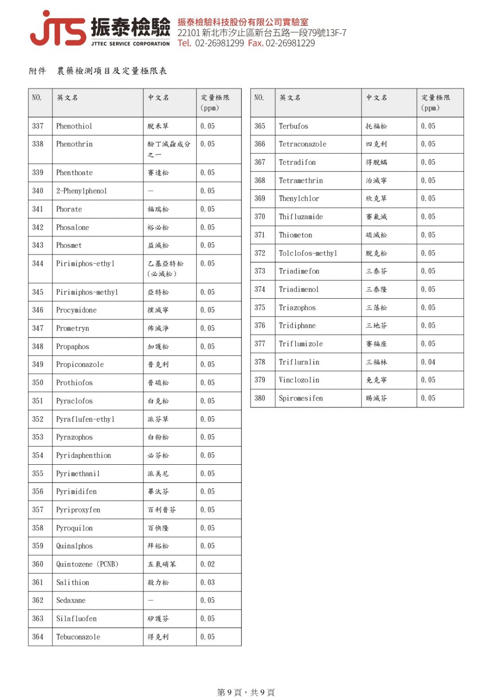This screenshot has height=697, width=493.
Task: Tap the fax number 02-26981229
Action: [x=290, y=43]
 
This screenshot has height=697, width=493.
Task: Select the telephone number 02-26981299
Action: [x=219, y=43]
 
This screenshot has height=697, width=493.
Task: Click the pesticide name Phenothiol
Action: [x=74, y=126]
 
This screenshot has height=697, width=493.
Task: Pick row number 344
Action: [x=38, y=264]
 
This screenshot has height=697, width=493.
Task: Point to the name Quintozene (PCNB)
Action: [x=87, y=564]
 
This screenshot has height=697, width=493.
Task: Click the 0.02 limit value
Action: [x=207, y=564]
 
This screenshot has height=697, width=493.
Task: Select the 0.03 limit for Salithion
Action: [x=207, y=583]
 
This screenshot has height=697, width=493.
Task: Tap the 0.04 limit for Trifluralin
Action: [x=428, y=362]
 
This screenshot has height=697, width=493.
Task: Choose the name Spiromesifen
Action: [x=300, y=398]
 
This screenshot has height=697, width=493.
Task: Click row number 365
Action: [x=260, y=126]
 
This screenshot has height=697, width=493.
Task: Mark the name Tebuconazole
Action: [x=78, y=637]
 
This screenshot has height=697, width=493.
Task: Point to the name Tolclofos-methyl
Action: [x=308, y=254]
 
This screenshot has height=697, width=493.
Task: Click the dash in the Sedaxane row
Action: [x=150, y=601]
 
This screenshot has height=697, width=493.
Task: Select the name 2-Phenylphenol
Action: [x=81, y=191]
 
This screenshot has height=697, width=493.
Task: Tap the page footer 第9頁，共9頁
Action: [x=246, y=692]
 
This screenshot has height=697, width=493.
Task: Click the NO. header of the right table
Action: [x=259, y=98]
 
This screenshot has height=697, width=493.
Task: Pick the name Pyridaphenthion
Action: [x=83, y=456]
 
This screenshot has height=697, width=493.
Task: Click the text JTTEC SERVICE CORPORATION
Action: [x=130, y=44]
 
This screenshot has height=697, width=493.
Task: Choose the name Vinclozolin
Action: [x=299, y=380]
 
